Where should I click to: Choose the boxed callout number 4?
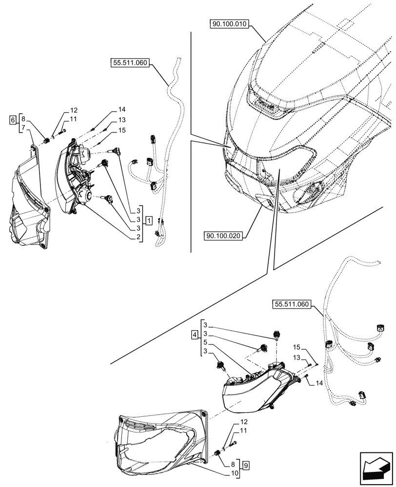click(x=195, y=335)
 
